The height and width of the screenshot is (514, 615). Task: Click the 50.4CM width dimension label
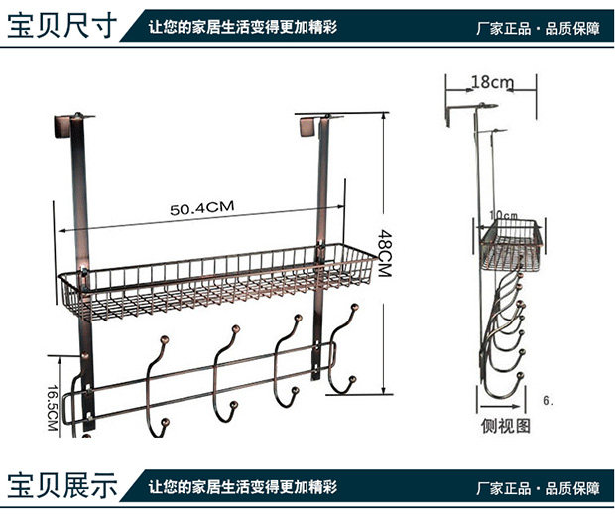tap(200, 208)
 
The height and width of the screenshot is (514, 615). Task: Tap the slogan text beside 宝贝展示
tap(243, 487)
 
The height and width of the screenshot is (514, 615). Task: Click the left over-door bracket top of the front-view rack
tap(66, 125)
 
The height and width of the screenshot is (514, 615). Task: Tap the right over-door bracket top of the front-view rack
tap(311, 125)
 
